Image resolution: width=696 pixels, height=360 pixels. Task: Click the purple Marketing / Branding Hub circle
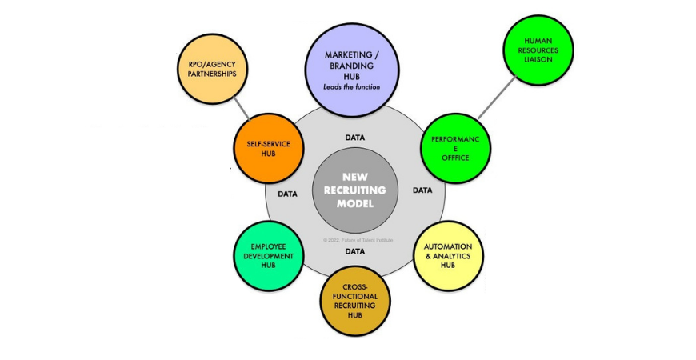point(352,64)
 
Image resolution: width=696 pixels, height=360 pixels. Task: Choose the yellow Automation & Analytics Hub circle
point(448,255)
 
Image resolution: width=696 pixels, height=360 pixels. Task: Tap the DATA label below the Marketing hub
point(355,138)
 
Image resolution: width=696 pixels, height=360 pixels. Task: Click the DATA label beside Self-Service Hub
point(288,194)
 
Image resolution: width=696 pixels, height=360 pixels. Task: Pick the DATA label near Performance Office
point(422,190)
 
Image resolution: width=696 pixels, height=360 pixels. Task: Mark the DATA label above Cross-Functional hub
point(355,251)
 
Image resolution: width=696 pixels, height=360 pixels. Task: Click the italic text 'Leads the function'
point(352,86)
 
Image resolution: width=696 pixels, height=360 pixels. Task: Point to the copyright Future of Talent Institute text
point(358,239)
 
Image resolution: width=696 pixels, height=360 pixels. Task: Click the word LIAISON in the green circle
point(538,59)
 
